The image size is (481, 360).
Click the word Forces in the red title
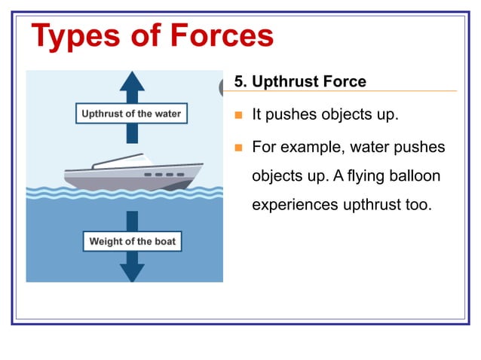point(221,35)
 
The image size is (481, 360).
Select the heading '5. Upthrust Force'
point(300,81)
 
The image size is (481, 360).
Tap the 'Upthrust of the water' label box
point(131,114)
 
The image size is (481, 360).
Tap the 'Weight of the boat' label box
point(132,242)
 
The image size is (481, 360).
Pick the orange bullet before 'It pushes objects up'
point(238,116)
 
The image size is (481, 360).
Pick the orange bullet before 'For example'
point(238,147)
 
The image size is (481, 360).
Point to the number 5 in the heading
point(239,81)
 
